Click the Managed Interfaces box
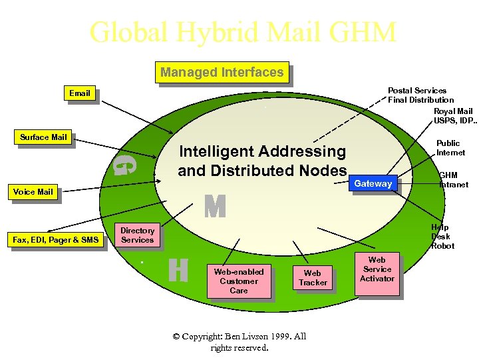click(222, 72)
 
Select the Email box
click(79, 93)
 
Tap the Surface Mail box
click(43, 137)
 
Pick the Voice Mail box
click(33, 192)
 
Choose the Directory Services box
click(137, 235)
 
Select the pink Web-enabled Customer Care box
click(238, 281)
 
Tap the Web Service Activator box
click(377, 269)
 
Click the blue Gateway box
click(373, 184)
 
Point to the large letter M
click(215, 207)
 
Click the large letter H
click(178, 270)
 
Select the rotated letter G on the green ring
click(124, 164)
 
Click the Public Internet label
click(450, 148)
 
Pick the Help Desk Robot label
click(442, 237)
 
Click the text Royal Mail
click(452, 111)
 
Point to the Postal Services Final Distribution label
click(419, 95)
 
